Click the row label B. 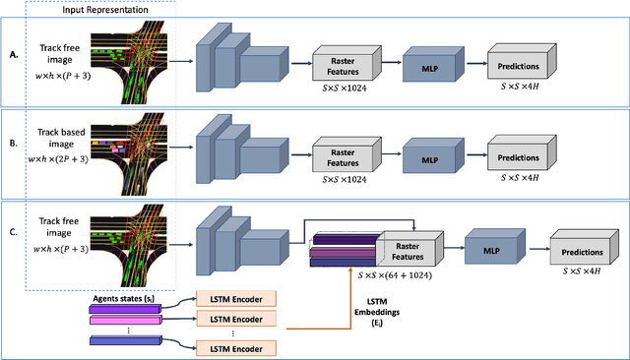[x=13, y=150]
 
